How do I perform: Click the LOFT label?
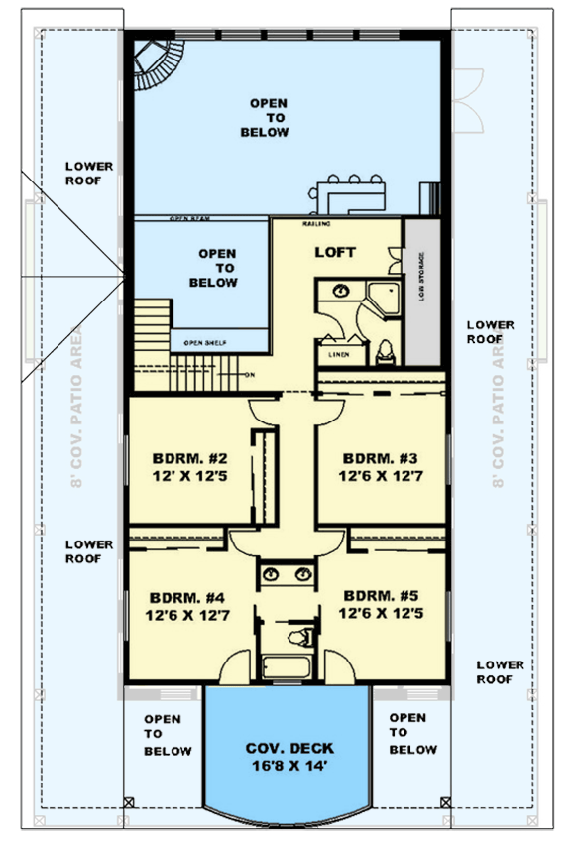[x=335, y=252]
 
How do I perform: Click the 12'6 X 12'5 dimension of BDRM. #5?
[x=381, y=614]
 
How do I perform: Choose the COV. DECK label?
[x=289, y=748]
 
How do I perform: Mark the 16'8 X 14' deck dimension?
[x=289, y=767]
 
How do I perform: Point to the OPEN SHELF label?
[x=205, y=343]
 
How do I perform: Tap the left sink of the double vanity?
[x=271, y=574]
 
